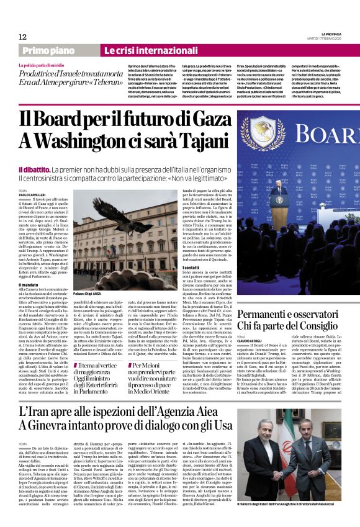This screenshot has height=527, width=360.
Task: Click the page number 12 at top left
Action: coord(22,37)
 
